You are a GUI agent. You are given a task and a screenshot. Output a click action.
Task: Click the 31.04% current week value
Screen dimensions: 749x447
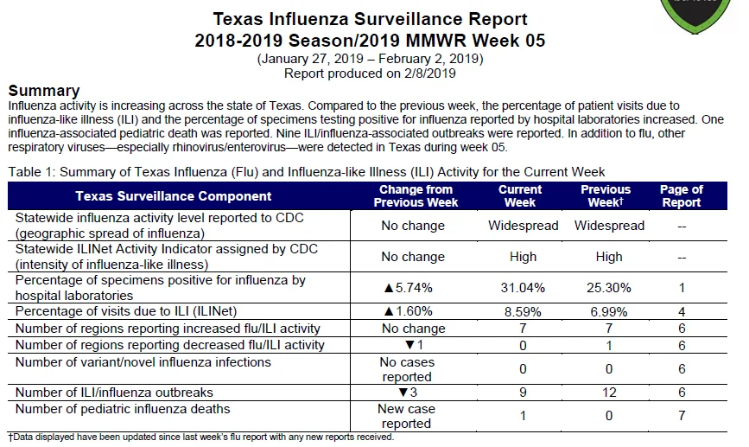point(523,288)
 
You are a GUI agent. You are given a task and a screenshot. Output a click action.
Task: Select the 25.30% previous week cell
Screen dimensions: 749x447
point(608,288)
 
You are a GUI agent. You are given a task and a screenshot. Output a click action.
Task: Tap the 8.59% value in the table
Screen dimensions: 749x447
point(523,312)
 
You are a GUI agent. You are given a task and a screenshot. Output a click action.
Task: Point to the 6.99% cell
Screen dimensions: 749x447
point(608,312)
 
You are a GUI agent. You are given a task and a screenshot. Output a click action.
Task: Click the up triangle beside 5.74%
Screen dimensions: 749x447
point(389,288)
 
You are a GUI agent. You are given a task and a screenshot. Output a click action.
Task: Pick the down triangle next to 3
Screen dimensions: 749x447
point(403,393)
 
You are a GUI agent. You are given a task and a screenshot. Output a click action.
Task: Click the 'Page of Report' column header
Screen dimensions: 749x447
point(681,196)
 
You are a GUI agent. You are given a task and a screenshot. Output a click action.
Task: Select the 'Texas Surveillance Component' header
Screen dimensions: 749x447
point(174,196)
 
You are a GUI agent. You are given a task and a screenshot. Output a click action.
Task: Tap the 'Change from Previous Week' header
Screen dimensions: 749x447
point(416,196)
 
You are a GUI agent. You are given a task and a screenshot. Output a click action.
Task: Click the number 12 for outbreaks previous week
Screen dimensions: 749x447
point(609,393)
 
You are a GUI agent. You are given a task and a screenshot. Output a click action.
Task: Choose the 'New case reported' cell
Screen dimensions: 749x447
point(406,416)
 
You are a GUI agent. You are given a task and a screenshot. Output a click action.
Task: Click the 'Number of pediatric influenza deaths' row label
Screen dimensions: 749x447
point(123,409)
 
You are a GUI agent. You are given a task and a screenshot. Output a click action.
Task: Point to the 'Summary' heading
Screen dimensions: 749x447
point(44,91)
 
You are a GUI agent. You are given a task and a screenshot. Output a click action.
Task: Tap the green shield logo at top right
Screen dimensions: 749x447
point(695,16)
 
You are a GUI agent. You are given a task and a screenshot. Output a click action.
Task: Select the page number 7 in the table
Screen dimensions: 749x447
point(682,416)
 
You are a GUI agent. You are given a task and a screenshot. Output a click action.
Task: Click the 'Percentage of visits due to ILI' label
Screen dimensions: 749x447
point(126,311)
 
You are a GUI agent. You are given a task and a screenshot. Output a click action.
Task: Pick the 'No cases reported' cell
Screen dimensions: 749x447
point(407,369)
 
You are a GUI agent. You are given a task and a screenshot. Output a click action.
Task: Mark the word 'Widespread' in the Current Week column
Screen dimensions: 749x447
point(523,226)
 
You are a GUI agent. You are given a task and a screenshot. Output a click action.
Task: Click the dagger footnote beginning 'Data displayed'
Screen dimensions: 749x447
point(201,437)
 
